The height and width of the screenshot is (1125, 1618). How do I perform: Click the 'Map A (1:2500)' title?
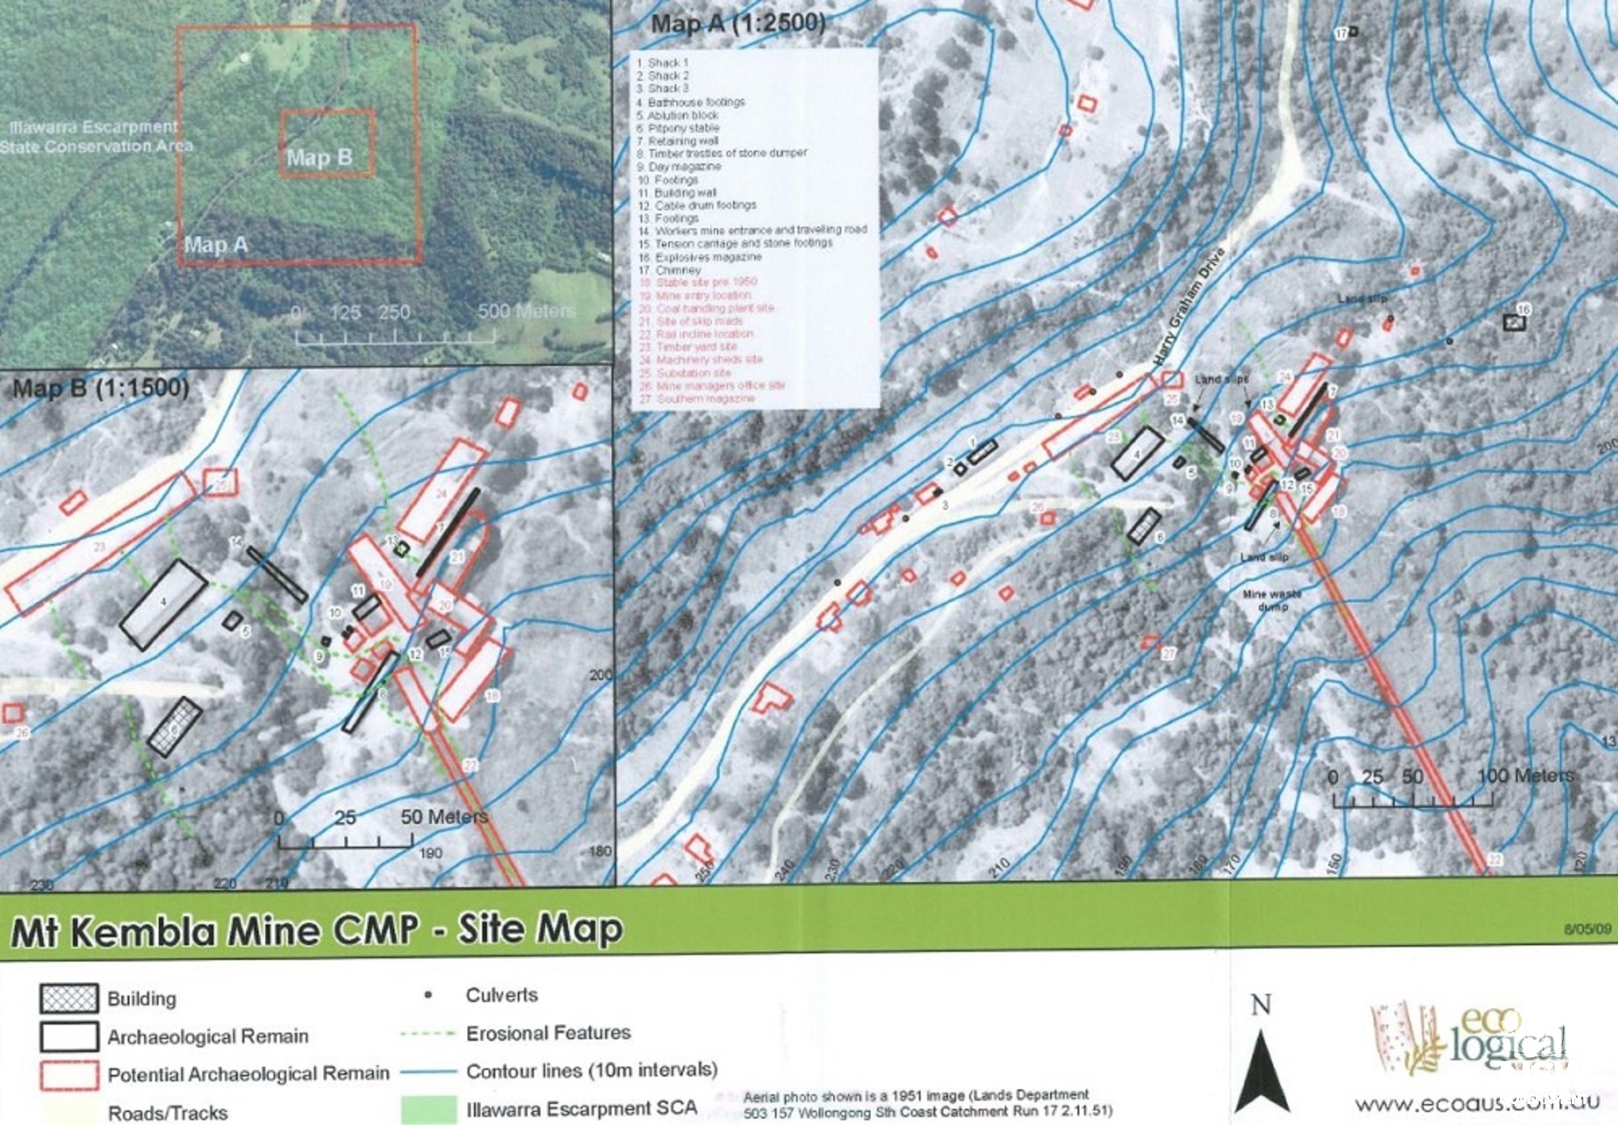[738, 23]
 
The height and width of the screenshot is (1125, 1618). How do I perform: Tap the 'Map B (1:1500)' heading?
[101, 388]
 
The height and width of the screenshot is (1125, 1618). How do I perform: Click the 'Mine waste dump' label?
[1272, 600]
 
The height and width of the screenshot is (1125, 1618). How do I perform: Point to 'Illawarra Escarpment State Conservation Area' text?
[95, 137]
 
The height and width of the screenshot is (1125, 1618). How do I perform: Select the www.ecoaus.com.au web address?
[1477, 1102]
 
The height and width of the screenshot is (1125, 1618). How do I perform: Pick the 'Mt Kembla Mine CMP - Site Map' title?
[316, 930]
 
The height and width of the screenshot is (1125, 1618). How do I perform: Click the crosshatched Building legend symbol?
[70, 998]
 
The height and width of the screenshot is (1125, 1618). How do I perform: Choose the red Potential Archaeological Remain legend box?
[70, 1075]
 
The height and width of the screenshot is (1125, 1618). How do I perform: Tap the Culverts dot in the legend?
[429, 995]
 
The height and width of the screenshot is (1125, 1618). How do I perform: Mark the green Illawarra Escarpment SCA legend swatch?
[429, 1109]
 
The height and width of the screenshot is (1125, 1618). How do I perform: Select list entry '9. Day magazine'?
[680, 166]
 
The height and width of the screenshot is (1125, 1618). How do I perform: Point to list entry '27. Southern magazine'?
[697, 398]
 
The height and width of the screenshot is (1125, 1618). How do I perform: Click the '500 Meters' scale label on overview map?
[527, 312]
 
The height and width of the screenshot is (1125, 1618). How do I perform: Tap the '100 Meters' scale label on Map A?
[1526, 775]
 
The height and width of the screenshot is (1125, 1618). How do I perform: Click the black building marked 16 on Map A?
[1514, 322]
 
